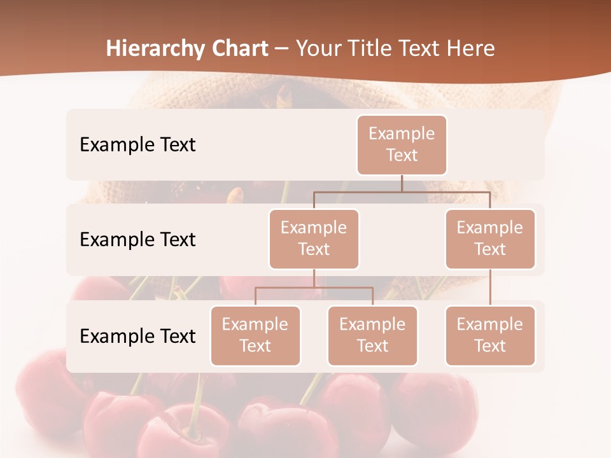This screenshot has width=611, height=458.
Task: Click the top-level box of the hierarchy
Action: pyautogui.click(x=402, y=144)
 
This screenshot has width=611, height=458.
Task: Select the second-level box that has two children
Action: pyautogui.click(x=314, y=239)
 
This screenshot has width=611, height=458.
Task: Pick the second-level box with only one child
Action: pyautogui.click(x=490, y=239)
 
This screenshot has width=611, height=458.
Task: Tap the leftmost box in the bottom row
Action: pyautogui.click(x=255, y=335)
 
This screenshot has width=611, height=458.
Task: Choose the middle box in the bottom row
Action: pyautogui.click(x=372, y=335)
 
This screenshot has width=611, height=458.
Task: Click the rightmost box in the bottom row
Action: pyautogui.click(x=490, y=335)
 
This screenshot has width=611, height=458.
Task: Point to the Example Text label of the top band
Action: pyautogui.click(x=137, y=144)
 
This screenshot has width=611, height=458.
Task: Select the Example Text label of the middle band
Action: pyautogui.click(x=137, y=239)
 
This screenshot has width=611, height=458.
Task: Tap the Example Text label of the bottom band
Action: pyautogui.click(x=137, y=336)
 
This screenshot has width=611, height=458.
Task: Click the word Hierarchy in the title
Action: pyautogui.click(x=155, y=49)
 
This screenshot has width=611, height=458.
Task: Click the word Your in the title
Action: pyautogui.click(x=318, y=48)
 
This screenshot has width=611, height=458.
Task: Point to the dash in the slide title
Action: pyautogui.click(x=282, y=50)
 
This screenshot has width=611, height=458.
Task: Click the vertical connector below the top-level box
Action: pyautogui.click(x=402, y=183)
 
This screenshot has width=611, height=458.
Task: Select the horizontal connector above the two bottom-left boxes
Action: pyautogui.click(x=314, y=288)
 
